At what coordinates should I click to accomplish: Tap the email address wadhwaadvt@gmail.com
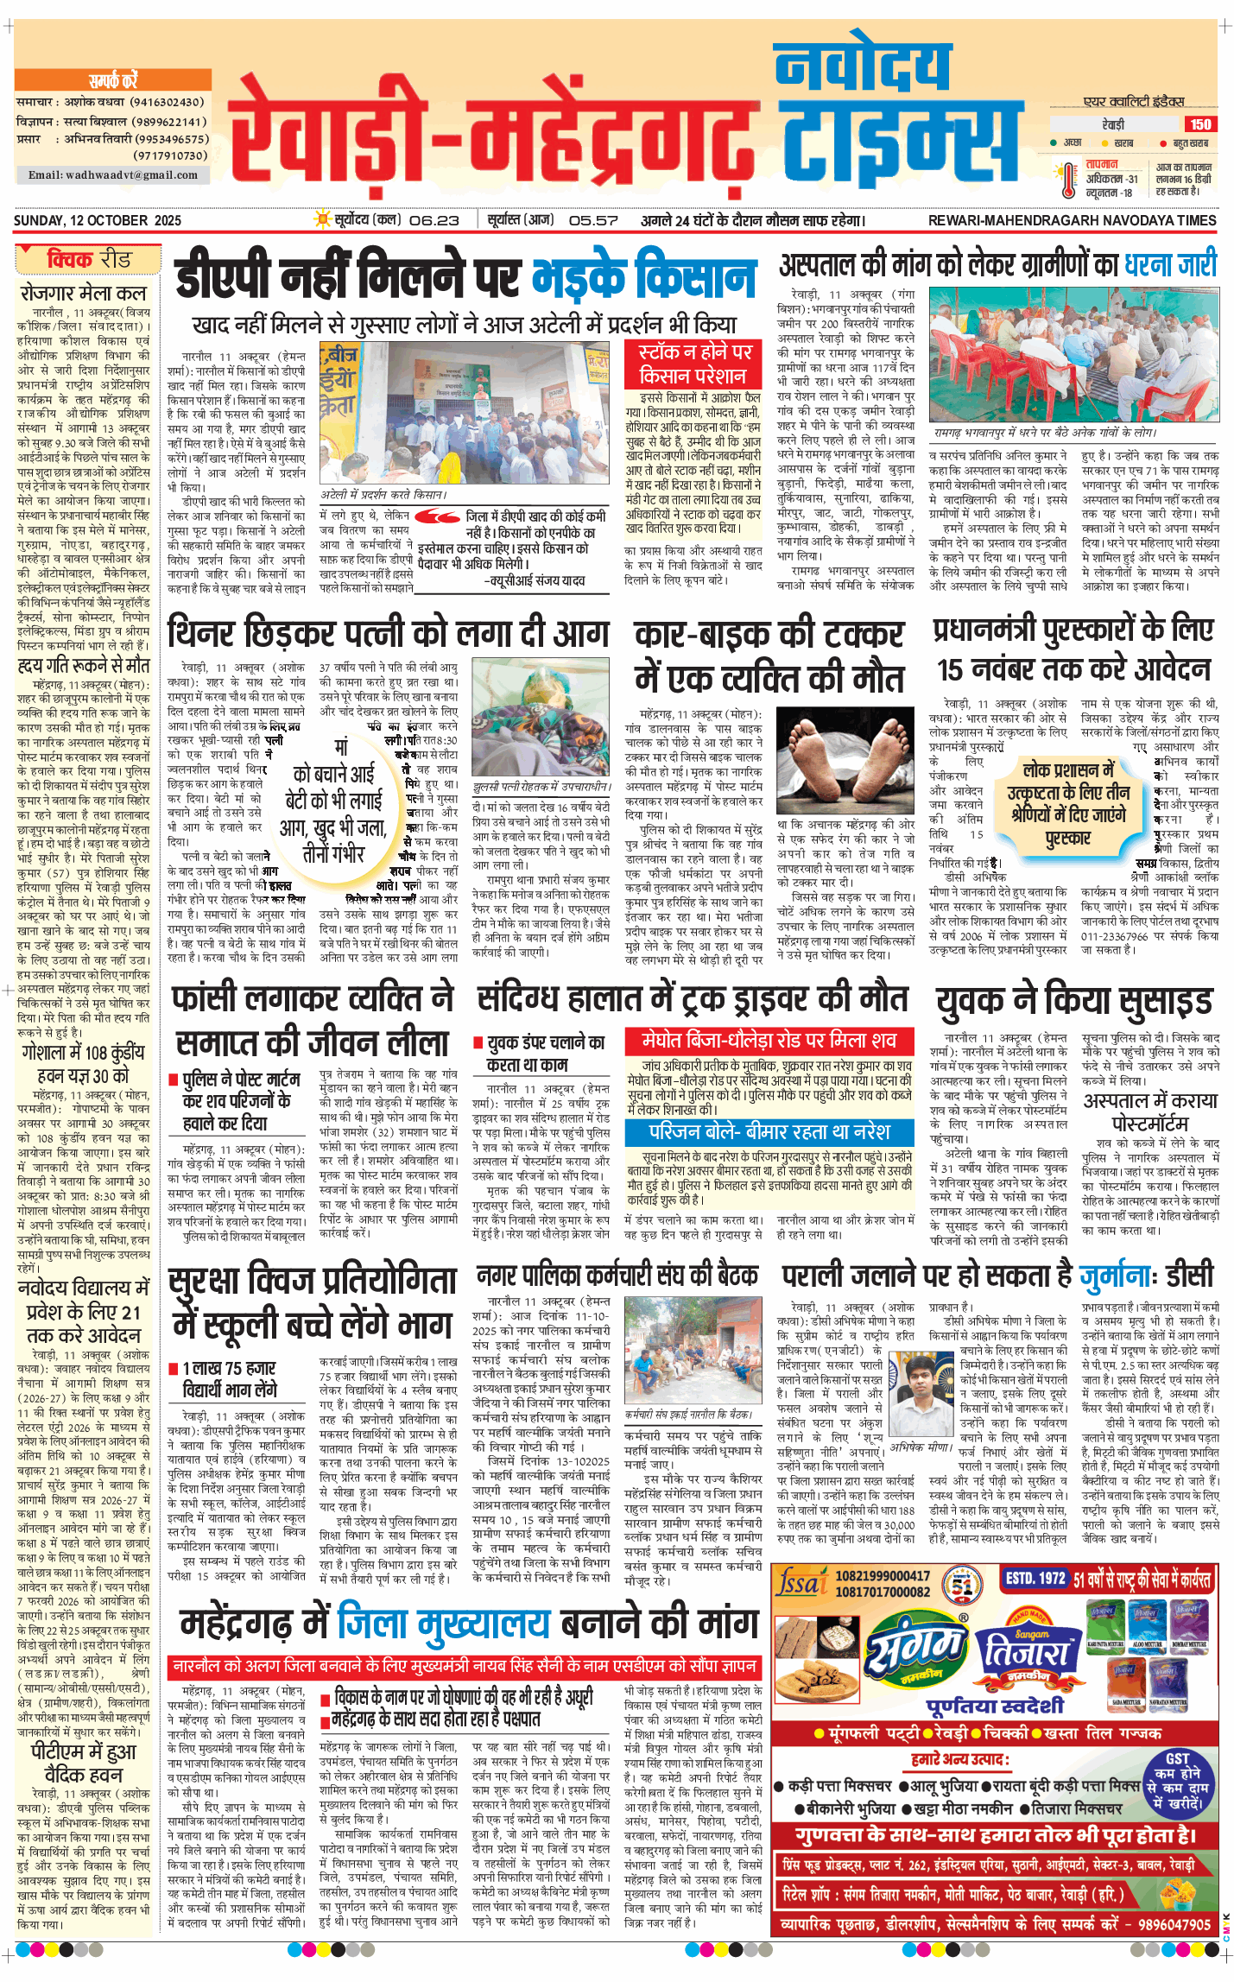113,175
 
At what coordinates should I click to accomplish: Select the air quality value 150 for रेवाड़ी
1200,124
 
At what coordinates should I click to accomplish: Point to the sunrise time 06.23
433,220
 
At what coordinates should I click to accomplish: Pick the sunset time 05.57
593,220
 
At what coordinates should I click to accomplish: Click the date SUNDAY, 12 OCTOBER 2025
98,220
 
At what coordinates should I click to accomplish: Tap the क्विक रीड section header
88,259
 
